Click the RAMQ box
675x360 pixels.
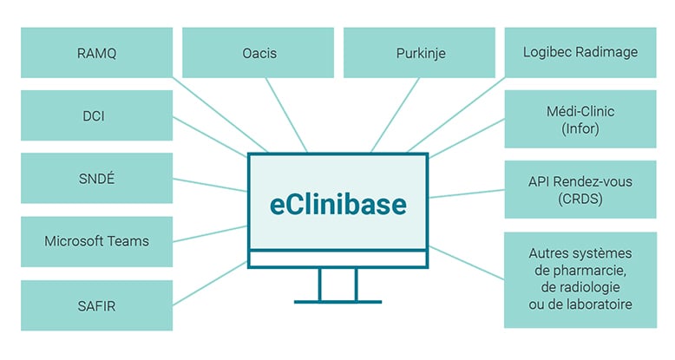pyautogui.click(x=95, y=53)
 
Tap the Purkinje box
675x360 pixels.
pyautogui.click(x=419, y=53)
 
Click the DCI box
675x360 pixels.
pyautogui.click(x=95, y=115)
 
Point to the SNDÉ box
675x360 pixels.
pyautogui.click(x=95, y=178)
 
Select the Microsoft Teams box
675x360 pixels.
pyautogui.click(x=95, y=241)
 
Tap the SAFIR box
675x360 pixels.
pyautogui.click(x=95, y=304)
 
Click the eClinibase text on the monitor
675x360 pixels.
pyautogui.click(x=337, y=206)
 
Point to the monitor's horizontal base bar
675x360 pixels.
pyautogui.click(x=337, y=301)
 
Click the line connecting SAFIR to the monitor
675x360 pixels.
pyautogui.click(x=208, y=283)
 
